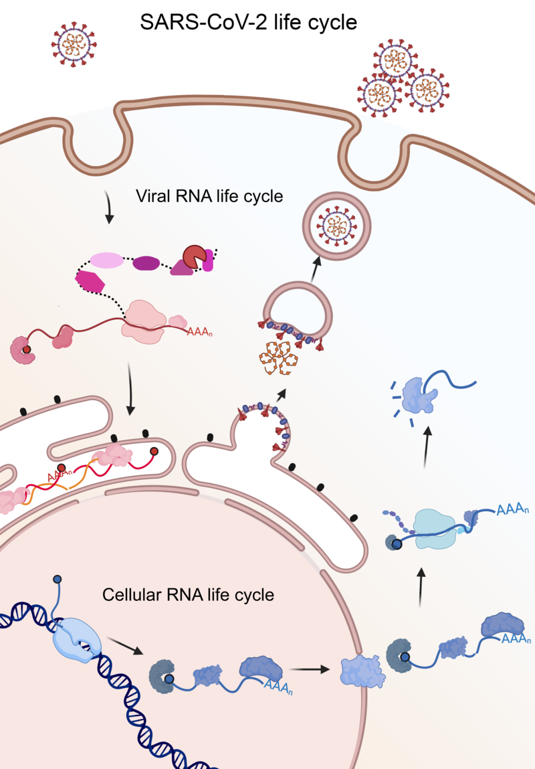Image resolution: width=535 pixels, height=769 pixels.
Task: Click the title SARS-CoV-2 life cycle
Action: click(x=249, y=22)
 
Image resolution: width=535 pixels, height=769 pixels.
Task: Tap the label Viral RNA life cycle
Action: click(x=209, y=197)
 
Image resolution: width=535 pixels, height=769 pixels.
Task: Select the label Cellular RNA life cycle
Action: click(x=188, y=594)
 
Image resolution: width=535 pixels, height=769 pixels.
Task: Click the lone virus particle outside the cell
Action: click(x=74, y=45)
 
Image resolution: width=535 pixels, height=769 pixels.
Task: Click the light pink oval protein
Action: click(x=106, y=261)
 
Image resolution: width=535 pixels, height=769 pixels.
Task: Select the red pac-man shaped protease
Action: click(x=194, y=259)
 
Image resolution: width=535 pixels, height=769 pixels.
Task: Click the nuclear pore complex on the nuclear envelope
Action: click(x=360, y=669)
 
